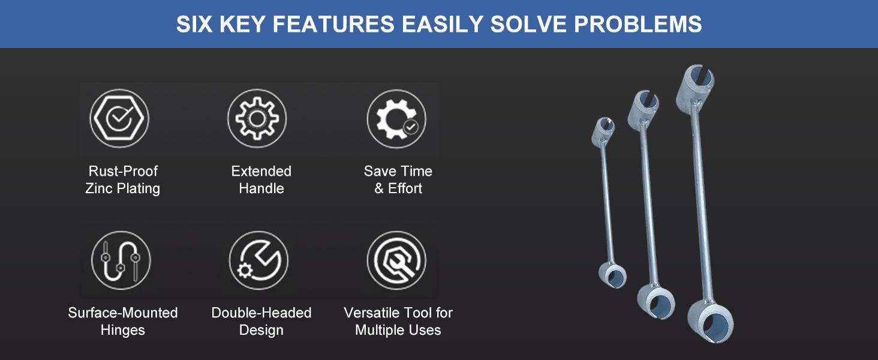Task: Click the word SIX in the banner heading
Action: pyautogui.click(x=194, y=24)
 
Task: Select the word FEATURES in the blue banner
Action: pyautogui.click(x=333, y=24)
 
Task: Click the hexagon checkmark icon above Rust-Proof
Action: pyautogui.click(x=119, y=118)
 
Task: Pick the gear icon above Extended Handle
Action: pyautogui.click(x=257, y=118)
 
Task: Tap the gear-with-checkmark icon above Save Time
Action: pyautogui.click(x=396, y=119)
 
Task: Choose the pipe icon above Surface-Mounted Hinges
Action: pyautogui.click(x=121, y=260)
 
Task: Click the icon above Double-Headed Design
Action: pyautogui.click(x=258, y=260)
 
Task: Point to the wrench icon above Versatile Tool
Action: pyautogui.click(x=396, y=260)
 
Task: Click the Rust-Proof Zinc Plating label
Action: pyautogui.click(x=123, y=179)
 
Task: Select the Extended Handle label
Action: pyautogui.click(x=261, y=179)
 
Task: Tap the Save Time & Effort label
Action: pyautogui.click(x=398, y=179)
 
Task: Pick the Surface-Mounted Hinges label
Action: pyautogui.click(x=123, y=321)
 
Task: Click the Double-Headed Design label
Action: pyautogui.click(x=261, y=321)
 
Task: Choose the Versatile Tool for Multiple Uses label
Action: pyautogui.click(x=398, y=321)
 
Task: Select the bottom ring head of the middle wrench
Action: pyautogui.click(x=656, y=302)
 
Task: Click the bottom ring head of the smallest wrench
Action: pyautogui.click(x=613, y=275)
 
